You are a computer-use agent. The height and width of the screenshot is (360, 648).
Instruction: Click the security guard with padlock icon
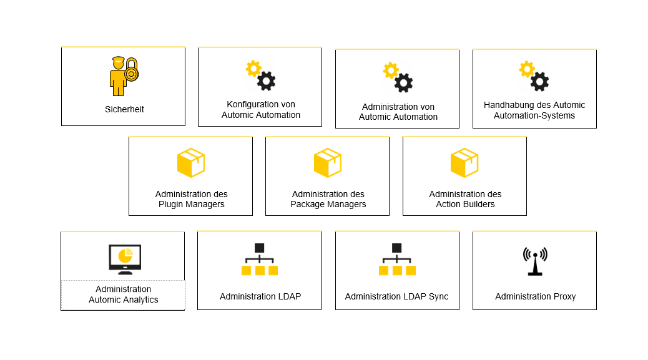123,76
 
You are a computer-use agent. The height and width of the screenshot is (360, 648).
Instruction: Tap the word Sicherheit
124,109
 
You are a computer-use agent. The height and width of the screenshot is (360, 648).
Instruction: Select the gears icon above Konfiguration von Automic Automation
260,75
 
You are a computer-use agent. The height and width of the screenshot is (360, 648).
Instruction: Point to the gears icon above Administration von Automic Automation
398,77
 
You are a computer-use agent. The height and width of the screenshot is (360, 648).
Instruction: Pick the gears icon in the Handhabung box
534,76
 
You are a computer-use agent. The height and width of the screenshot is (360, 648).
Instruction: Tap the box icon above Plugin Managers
191,163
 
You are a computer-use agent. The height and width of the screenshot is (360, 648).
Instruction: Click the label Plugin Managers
191,204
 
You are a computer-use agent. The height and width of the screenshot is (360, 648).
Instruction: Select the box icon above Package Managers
328,163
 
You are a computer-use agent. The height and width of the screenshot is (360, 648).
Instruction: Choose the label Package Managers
328,204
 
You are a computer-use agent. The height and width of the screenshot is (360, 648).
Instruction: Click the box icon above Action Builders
464,163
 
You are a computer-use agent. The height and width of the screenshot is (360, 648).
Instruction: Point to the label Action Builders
465,204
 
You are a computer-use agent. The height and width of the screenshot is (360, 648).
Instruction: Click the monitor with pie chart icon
125,259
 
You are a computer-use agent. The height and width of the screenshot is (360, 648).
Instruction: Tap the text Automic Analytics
124,299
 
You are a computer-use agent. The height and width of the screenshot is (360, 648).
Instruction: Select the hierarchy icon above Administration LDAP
260,260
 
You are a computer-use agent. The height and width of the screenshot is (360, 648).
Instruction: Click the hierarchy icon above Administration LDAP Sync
396,260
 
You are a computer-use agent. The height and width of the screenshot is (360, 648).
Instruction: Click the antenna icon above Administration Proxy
535,261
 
